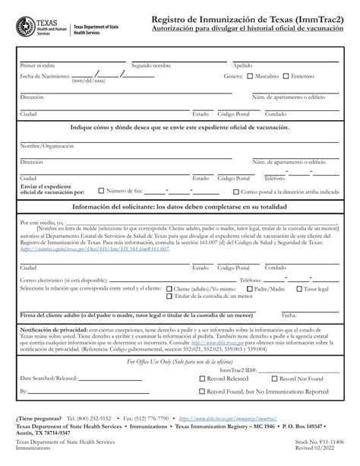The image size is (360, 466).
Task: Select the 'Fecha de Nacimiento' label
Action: (x=46, y=77)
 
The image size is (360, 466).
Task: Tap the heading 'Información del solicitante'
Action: (x=180, y=208)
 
